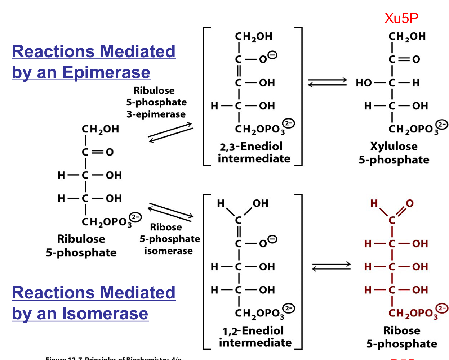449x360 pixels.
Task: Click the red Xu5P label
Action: (401, 18)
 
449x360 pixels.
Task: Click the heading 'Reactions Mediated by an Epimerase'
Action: (93, 62)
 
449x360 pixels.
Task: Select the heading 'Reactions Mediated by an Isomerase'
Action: (93, 303)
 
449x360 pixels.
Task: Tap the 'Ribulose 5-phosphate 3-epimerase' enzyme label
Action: (156, 102)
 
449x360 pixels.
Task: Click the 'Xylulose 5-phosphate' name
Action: (394, 153)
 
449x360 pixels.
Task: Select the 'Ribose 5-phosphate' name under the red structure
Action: (401, 337)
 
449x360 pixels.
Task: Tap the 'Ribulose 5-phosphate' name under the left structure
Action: (81, 246)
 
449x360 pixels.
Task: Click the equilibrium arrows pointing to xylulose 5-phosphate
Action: (327, 82)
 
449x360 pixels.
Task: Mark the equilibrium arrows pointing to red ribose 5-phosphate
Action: (331, 266)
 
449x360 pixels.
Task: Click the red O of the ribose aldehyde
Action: (410, 203)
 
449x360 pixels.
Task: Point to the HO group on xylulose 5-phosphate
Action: (364, 83)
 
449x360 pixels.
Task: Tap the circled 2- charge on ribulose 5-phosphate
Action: (135, 217)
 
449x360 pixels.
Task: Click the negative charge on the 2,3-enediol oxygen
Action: (273, 55)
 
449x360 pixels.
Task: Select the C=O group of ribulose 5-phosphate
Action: (98, 152)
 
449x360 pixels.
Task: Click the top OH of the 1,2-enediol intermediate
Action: (261, 203)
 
